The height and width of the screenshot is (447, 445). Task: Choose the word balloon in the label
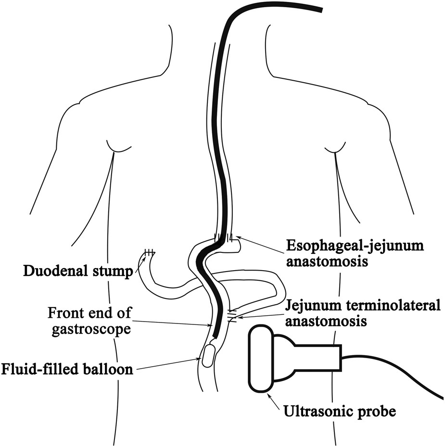tap(110, 370)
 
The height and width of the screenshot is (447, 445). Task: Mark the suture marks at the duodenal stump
tap(149, 252)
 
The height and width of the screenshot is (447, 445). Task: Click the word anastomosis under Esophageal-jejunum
tap(329, 262)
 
